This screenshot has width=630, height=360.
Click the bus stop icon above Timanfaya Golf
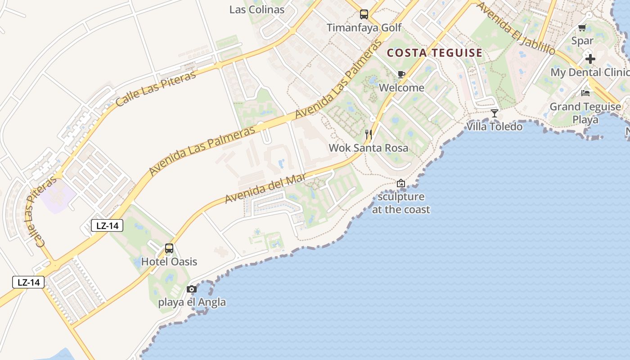pos(364,14)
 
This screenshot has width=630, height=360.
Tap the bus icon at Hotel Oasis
pos(169,248)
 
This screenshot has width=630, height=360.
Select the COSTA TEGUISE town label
pos(435,53)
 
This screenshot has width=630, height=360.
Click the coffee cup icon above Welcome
pos(401,75)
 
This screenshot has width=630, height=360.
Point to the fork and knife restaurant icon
pos(369,134)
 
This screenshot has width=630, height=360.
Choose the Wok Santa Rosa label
pos(369,148)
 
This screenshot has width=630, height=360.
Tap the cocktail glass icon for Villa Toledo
pos(495,113)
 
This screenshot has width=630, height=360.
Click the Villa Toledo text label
pos(495,126)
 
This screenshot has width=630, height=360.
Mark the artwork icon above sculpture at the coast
pos(401,183)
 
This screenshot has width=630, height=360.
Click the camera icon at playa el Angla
pos(192,289)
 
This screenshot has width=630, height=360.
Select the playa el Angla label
pos(192,302)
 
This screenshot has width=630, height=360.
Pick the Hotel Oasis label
pos(169,261)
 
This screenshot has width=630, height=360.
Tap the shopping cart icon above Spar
pos(582,27)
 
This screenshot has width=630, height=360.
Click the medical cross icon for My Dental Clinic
pos(590,59)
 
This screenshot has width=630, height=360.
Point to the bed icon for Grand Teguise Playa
pos(585,93)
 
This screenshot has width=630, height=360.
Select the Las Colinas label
pos(257,9)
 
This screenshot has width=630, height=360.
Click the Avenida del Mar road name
pos(266,189)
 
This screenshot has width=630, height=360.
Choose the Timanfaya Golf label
pos(364,27)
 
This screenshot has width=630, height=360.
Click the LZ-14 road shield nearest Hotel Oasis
pos(107,225)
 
